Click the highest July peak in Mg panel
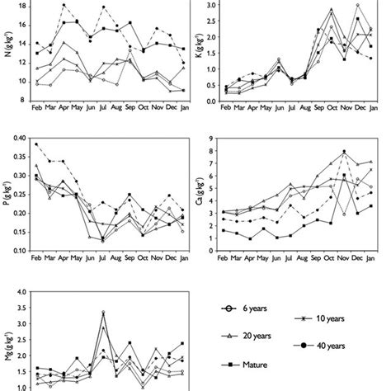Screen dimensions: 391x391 (x=103, y=313)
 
